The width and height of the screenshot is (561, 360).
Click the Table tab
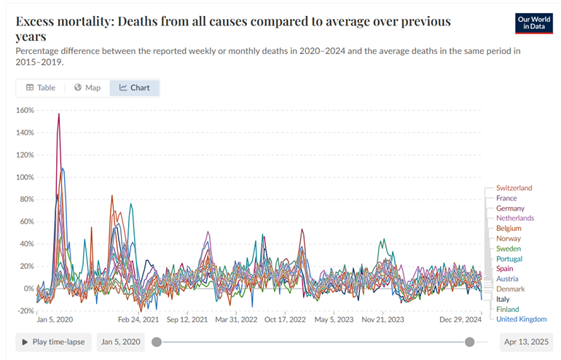[x=41, y=87]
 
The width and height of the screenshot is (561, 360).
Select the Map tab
[x=87, y=87]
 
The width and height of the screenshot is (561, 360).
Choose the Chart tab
[x=135, y=87]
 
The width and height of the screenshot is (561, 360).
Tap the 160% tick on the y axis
[x=25, y=111]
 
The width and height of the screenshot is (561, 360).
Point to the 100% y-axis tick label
[x=25, y=177]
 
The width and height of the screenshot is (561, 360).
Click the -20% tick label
[x=25, y=310]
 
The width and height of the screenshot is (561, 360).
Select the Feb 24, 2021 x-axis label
[x=138, y=319]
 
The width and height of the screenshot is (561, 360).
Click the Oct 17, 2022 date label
[x=285, y=319]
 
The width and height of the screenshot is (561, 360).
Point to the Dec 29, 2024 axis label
[x=460, y=319]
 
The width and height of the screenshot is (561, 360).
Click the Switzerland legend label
[x=514, y=188]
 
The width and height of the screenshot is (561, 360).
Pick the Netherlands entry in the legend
[x=514, y=218]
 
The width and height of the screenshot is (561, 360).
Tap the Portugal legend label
[x=509, y=259]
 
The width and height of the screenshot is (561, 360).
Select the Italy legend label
[x=503, y=299]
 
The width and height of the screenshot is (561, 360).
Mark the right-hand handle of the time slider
[x=470, y=342]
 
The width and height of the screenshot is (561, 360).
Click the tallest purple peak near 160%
[x=59, y=114]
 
